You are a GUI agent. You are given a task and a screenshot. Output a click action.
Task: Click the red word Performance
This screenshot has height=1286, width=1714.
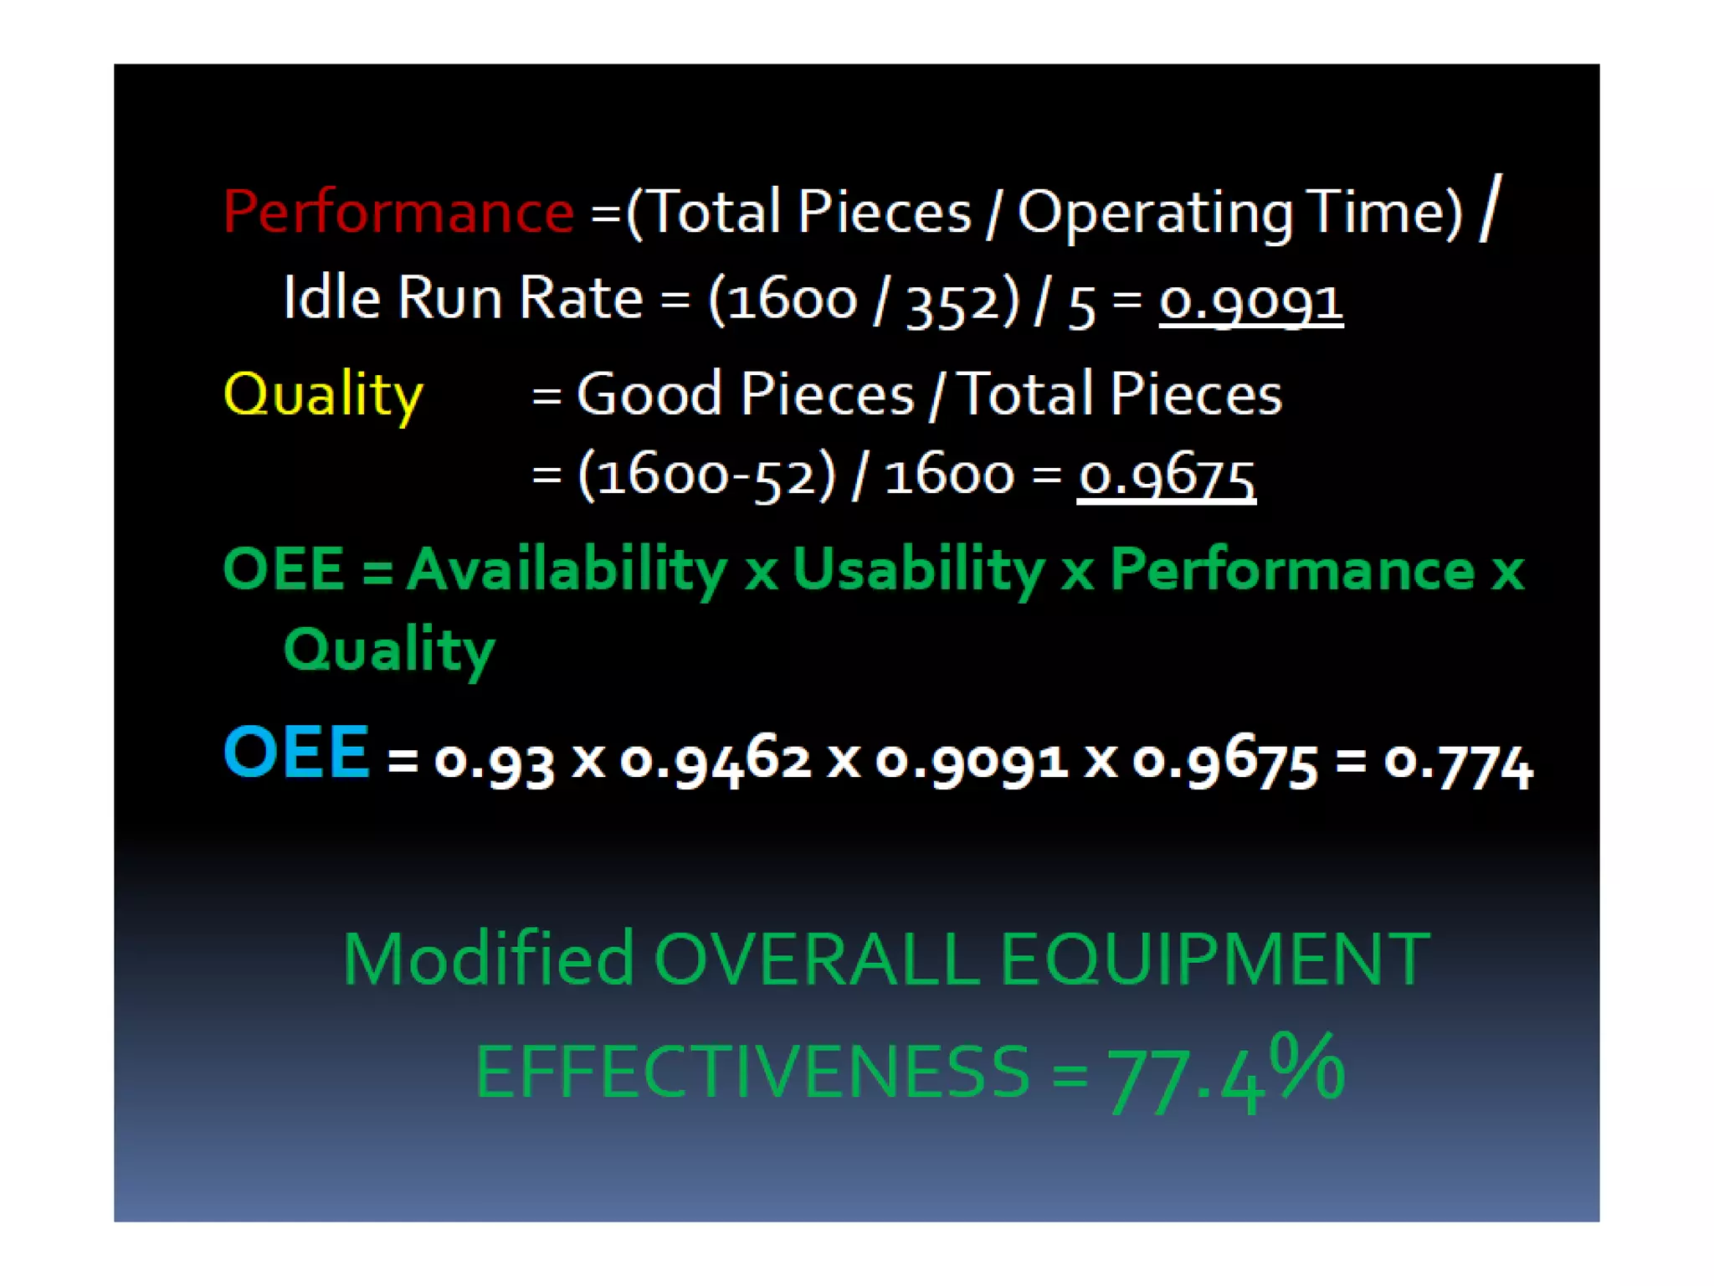(398, 211)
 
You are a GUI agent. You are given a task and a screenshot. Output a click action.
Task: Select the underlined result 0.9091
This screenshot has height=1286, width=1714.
(1250, 300)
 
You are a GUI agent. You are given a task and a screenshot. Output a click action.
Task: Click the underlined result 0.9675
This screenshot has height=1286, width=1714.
(1166, 476)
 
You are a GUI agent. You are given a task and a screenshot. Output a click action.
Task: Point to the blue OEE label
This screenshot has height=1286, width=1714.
(296, 752)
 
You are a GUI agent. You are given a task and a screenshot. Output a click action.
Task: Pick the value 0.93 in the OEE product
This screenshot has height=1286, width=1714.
(494, 762)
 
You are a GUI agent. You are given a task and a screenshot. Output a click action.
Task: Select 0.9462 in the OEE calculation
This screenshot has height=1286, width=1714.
(716, 760)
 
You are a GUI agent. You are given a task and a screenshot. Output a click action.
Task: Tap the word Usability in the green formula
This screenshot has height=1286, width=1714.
(918, 569)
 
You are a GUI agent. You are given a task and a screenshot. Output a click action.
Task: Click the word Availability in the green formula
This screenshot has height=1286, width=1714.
(567, 569)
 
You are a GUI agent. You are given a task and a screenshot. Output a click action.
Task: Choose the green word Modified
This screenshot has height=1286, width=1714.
(488, 959)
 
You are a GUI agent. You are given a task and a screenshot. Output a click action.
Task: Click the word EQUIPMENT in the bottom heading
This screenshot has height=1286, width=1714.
(1214, 959)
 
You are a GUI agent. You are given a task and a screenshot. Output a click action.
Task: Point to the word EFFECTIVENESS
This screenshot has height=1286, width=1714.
(752, 1072)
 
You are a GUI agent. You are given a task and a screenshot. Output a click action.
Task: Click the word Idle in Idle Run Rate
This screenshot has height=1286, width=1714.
(331, 297)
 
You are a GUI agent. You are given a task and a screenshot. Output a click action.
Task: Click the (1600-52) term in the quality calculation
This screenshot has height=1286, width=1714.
(706, 476)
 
